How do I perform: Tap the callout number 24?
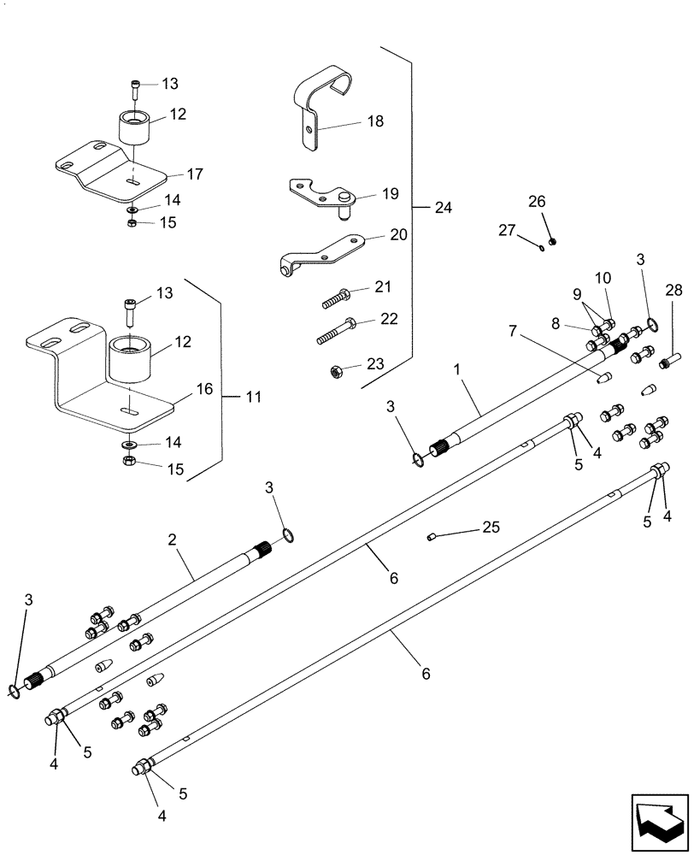pos(443,207)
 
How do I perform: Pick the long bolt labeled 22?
pos(338,330)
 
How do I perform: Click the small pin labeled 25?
pos(432,537)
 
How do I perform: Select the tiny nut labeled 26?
pos(552,242)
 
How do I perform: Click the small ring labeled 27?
pos(542,249)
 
